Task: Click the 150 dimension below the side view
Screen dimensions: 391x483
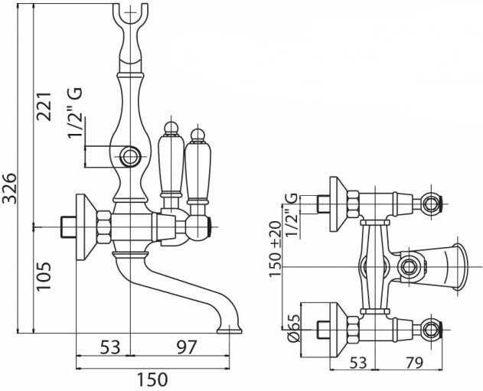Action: [x=153, y=377]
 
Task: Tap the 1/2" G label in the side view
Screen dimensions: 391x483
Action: [x=75, y=115]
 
